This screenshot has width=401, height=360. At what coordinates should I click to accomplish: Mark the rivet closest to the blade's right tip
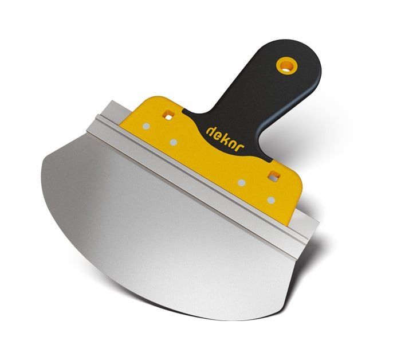[271, 200]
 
